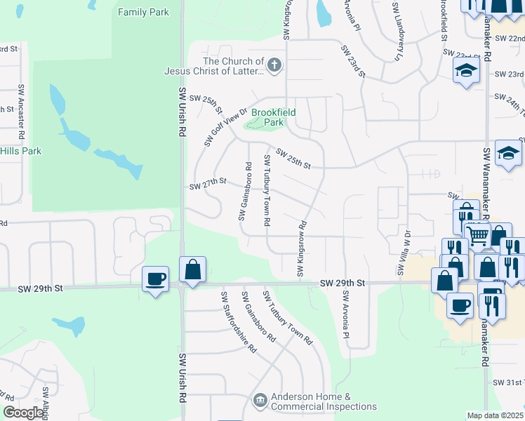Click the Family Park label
coord(144,13)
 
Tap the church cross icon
coord(274,66)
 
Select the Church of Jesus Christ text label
coord(214,66)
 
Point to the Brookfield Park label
coord(273,117)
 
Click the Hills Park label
coord(20,151)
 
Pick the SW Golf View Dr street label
coord(226,127)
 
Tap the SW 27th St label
coord(208,184)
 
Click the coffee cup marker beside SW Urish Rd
coord(154,279)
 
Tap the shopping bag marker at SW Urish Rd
coord(192,269)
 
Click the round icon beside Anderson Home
coord(260,401)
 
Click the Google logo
coord(24,413)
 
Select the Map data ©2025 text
coord(495,415)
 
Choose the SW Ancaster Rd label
coord(22,105)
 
